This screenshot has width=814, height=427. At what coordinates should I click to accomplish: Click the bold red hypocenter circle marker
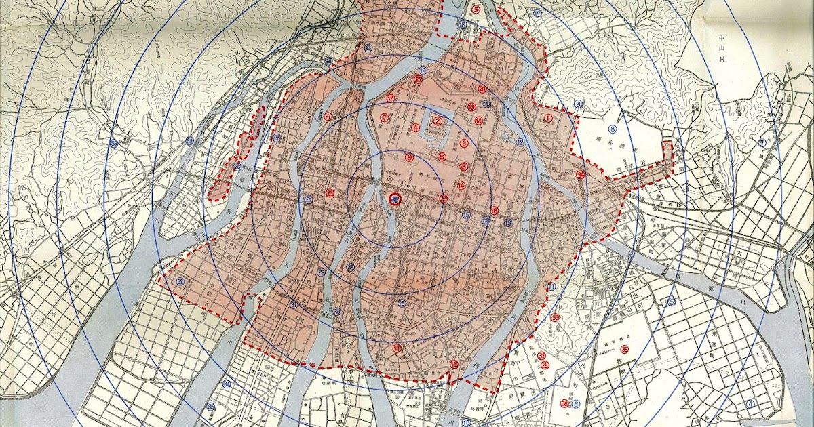click(395, 199)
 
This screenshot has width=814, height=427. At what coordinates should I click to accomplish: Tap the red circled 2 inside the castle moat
click(438, 121)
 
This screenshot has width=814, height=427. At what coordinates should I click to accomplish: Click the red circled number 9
click(409, 157)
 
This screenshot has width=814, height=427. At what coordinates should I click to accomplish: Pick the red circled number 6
click(442, 157)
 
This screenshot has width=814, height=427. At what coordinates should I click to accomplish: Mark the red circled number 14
click(461, 185)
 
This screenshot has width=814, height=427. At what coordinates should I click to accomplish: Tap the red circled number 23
click(330, 193)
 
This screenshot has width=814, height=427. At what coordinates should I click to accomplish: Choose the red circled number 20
click(482, 89)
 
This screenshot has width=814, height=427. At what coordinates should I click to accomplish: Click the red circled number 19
click(471, 107)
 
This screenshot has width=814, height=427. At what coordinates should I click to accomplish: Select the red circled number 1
click(547, 117)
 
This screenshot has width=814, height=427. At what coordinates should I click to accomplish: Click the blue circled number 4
click(750, 405)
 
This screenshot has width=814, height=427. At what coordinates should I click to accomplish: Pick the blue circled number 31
click(294, 305)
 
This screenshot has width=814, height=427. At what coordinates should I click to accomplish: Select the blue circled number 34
click(227, 384)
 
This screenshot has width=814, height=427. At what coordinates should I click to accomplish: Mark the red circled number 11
click(397, 348)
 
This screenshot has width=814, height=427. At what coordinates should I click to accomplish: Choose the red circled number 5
click(476, 9)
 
